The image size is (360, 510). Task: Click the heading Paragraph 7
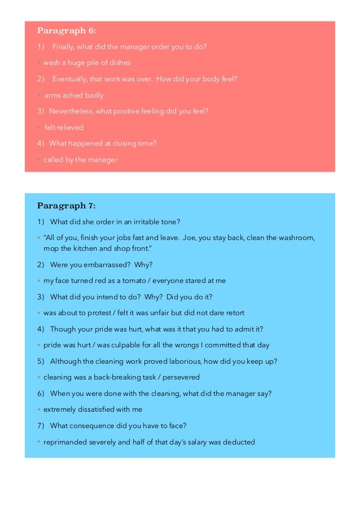[x=66, y=205]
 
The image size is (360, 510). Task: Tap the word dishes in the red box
[x=119, y=63]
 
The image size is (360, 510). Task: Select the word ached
[x=75, y=95]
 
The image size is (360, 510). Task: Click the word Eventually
[x=71, y=79]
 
